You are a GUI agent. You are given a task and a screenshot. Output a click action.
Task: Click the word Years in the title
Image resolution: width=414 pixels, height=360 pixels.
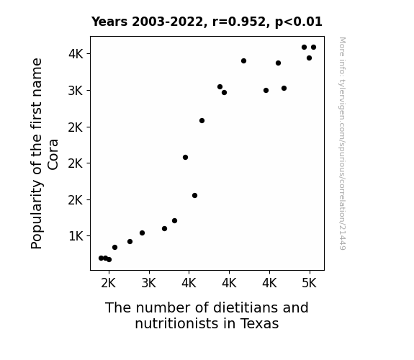click(109, 22)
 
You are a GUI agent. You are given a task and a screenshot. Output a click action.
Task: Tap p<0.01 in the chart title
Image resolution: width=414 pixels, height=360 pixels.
click(299, 22)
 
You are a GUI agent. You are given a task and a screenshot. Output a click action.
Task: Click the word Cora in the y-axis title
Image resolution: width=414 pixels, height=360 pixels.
click(53, 154)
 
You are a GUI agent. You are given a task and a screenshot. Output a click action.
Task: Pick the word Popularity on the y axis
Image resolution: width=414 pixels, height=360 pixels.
click(37, 214)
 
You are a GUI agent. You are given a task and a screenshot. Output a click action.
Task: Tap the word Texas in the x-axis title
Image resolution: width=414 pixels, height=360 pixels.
click(259, 323)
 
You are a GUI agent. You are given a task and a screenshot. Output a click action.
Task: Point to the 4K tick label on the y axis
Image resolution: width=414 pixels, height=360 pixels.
click(76, 54)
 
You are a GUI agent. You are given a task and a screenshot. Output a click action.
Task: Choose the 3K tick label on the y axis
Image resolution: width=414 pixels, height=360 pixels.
click(76, 91)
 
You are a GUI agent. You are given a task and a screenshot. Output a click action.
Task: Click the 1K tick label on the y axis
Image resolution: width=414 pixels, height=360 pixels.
click(76, 236)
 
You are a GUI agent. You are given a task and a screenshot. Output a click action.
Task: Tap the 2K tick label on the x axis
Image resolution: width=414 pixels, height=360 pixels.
click(109, 283)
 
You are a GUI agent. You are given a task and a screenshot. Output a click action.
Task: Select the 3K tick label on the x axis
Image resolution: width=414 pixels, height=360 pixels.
click(148, 283)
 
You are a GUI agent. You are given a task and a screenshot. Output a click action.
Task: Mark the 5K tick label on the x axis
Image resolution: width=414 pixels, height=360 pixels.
click(309, 283)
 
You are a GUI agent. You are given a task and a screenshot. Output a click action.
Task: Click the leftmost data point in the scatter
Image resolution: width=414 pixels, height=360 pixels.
click(101, 258)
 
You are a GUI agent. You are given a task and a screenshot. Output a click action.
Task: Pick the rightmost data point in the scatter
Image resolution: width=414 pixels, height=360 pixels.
click(313, 48)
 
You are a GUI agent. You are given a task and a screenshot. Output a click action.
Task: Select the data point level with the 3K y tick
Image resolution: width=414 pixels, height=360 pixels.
click(266, 90)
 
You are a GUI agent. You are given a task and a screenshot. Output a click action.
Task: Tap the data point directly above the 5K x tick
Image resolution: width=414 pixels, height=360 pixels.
click(309, 58)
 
